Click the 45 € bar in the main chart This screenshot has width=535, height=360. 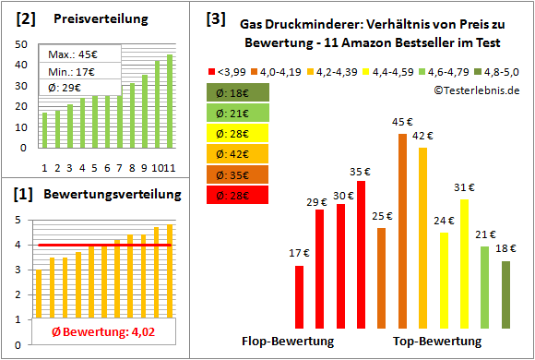point(402,231)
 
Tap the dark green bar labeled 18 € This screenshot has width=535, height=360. point(505,294)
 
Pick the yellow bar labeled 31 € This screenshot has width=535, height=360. point(464,264)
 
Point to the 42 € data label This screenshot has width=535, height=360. point(423,137)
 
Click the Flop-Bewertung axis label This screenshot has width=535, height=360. point(288,342)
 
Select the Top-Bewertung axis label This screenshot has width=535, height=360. point(437,342)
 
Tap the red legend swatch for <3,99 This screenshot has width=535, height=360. point(214,69)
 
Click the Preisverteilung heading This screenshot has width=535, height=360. point(92,18)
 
